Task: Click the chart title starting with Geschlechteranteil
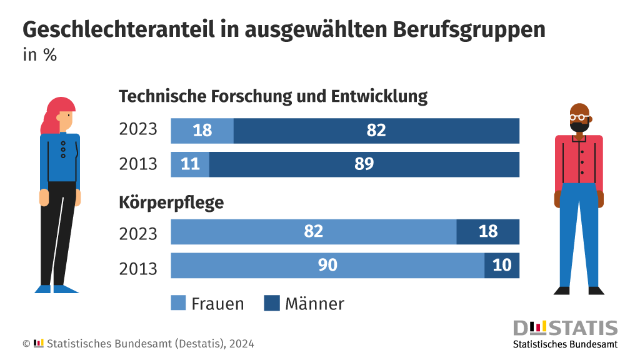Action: click(x=284, y=29)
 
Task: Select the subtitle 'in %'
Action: click(x=40, y=55)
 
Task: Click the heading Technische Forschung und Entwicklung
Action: click(x=273, y=97)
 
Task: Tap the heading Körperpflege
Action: click(x=171, y=202)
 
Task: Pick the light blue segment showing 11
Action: click(x=190, y=164)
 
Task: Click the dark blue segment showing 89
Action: click(x=364, y=164)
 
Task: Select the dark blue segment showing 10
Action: click(x=502, y=266)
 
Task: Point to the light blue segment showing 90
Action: click(x=327, y=266)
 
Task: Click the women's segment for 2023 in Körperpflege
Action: click(x=313, y=232)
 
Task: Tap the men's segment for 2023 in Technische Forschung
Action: click(x=376, y=131)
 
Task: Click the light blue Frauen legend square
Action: click(x=179, y=304)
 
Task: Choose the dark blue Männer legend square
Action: click(x=272, y=304)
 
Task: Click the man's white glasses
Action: click(x=579, y=117)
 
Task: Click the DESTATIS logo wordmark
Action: click(x=565, y=328)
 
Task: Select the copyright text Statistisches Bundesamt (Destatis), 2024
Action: click(x=150, y=344)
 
